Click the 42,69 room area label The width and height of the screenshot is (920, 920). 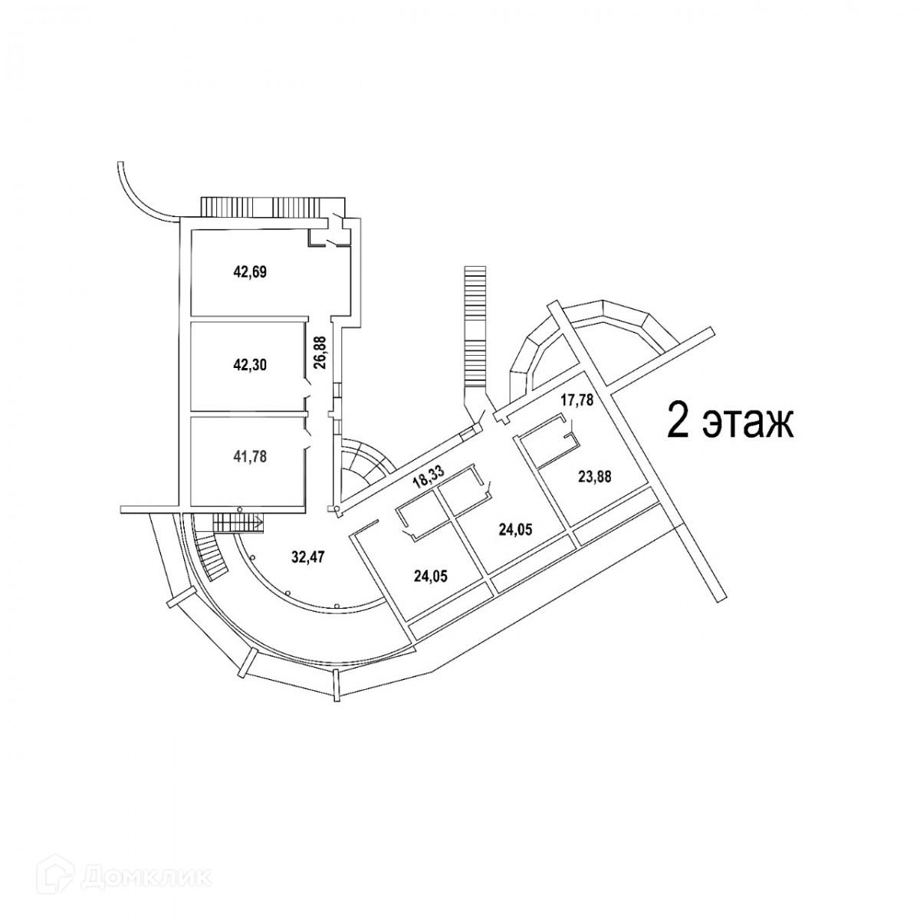click(x=249, y=271)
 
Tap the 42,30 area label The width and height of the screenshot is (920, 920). click(x=249, y=365)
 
